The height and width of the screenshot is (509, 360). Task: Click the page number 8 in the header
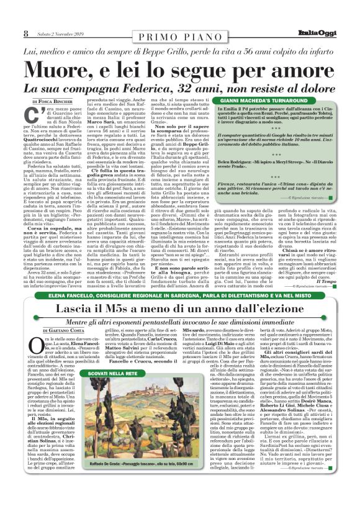click(26, 34)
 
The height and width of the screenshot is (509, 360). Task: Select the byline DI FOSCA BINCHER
click(53, 99)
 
